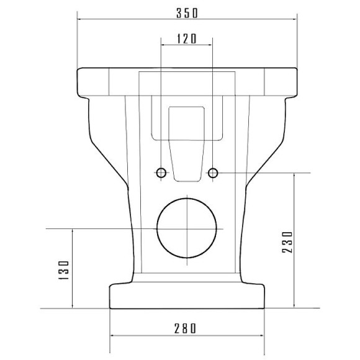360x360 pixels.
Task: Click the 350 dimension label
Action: [187, 13]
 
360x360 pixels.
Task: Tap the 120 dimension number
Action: [187, 38]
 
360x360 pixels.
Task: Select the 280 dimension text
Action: [185, 328]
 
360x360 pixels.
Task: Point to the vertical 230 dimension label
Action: [287, 242]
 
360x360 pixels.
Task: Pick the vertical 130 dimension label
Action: [64, 270]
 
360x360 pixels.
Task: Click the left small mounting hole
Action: [161, 173]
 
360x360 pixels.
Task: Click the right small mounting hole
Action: [213, 173]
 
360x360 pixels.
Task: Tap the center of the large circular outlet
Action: [187, 228]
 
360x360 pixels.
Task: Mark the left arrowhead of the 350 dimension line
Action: [79, 19]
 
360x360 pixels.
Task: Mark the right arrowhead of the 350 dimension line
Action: [295, 19]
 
